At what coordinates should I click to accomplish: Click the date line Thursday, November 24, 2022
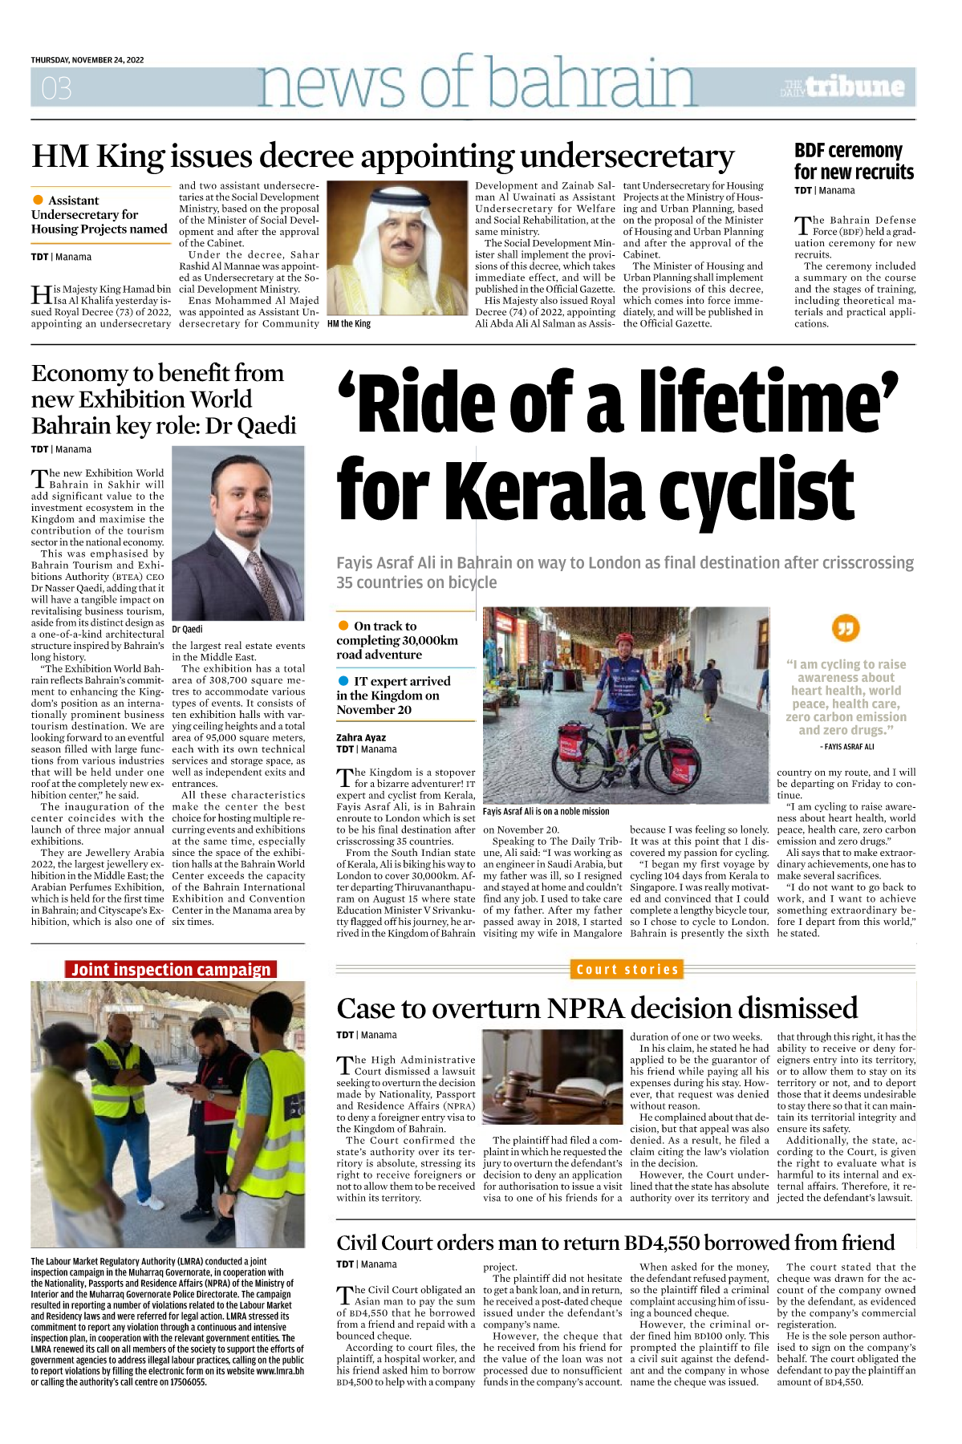coord(87,60)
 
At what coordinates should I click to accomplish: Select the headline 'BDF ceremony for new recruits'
coord(854,161)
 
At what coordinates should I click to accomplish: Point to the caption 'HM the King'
coord(349,324)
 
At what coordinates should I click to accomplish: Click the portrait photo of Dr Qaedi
coord(238,533)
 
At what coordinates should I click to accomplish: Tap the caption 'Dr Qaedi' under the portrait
coord(187,630)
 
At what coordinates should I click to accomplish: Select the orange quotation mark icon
coord(846,627)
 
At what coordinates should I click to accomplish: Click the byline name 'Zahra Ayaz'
coord(361,737)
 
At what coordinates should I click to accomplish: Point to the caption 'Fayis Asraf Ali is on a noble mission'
coord(546,811)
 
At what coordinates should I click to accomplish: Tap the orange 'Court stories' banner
coord(627,969)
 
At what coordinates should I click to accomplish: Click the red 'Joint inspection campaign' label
coord(170,969)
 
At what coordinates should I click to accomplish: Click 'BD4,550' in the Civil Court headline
coord(665,1243)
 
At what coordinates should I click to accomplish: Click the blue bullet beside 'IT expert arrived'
coord(343,681)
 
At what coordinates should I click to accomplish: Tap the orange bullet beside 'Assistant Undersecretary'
coord(38,200)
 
